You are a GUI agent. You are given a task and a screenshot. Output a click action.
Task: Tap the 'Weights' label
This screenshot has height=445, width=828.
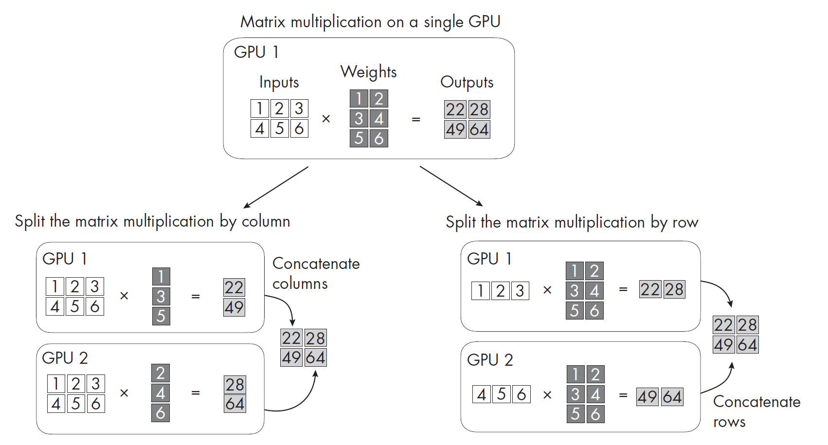[x=368, y=72]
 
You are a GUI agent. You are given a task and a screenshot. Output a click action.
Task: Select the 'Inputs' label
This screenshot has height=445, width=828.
[x=279, y=82]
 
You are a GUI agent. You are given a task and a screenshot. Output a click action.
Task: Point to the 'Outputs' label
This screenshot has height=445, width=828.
[x=467, y=82]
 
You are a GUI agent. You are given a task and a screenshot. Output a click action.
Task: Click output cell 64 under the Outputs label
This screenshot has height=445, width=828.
[x=479, y=130]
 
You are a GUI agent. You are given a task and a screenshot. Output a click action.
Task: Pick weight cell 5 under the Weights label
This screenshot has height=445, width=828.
[x=359, y=138]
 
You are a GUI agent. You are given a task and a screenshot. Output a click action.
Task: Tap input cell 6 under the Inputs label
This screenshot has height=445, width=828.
[x=299, y=128]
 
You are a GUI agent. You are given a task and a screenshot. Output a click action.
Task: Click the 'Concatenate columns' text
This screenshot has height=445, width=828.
[x=316, y=273]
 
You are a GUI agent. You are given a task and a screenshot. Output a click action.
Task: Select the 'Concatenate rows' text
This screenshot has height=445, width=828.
[x=756, y=411]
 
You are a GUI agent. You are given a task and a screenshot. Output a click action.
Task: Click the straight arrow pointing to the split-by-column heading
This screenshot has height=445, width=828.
[x=276, y=187]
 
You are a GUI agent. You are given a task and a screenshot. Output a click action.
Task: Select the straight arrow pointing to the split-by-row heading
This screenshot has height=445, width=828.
[x=451, y=186]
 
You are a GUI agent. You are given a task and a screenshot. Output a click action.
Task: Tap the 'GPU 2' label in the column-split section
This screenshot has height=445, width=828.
[x=65, y=358]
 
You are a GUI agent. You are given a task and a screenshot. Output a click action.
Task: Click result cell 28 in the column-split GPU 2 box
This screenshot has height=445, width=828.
[x=235, y=385]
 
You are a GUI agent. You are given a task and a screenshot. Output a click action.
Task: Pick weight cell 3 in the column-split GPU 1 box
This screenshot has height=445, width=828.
[x=161, y=296]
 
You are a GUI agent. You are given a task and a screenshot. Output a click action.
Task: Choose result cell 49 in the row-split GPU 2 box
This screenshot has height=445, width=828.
[x=648, y=397]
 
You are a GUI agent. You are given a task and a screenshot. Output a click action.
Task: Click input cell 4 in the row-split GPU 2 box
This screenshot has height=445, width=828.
[x=482, y=394]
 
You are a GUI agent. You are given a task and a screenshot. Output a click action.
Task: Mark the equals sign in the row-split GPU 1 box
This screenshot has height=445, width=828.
[x=623, y=289]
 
